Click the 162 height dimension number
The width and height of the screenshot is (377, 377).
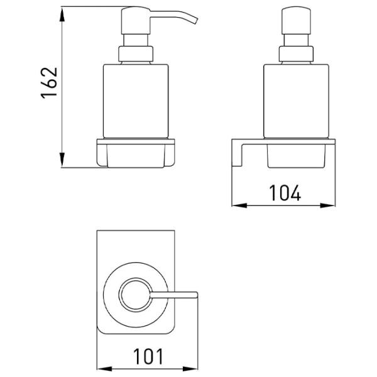click(50, 83)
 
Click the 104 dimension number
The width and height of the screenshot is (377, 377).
click(285, 193)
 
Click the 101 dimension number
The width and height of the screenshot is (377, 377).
click(148, 356)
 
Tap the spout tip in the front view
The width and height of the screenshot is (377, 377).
click(195, 21)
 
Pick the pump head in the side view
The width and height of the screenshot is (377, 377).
click(296, 21)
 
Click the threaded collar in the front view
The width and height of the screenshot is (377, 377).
click(136, 54)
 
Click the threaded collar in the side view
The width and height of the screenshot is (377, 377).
click(296, 54)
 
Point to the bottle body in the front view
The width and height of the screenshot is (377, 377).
click(136, 101)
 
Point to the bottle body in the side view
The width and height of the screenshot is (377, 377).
click(296, 101)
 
